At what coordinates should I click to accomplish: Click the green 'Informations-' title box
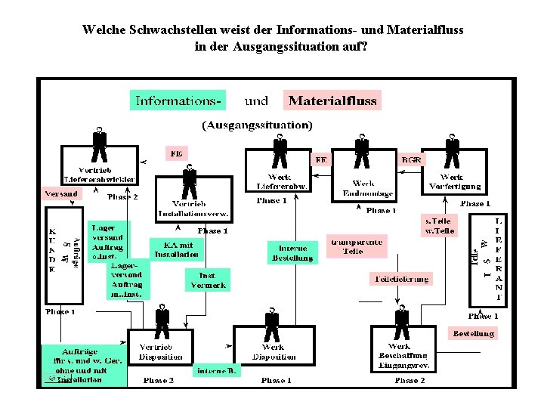pyautogui.click(x=178, y=100)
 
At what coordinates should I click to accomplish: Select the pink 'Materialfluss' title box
pyautogui.click(x=332, y=100)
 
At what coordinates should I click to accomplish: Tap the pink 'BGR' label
pyautogui.click(x=412, y=159)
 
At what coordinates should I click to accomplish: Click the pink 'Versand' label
pyautogui.click(x=61, y=193)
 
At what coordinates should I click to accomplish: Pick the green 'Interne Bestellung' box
pyautogui.click(x=292, y=252)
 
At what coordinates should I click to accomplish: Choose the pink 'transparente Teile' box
pyautogui.click(x=356, y=246)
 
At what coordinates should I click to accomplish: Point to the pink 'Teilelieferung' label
pyautogui.click(x=400, y=279)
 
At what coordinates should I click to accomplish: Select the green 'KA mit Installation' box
pyautogui.click(x=176, y=249)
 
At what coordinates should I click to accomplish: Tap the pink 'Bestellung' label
pyautogui.click(x=473, y=332)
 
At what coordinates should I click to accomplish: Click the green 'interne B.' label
pyautogui.click(x=218, y=370)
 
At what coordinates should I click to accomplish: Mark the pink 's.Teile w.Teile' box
pyautogui.click(x=438, y=226)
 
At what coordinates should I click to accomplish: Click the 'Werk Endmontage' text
pyautogui.click(x=363, y=188)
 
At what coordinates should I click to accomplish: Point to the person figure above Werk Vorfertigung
pyautogui.click(x=453, y=151)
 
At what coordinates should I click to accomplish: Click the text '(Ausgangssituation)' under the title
pyautogui.click(x=256, y=124)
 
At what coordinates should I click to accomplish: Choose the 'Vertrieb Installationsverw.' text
pyautogui.click(x=193, y=209)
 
